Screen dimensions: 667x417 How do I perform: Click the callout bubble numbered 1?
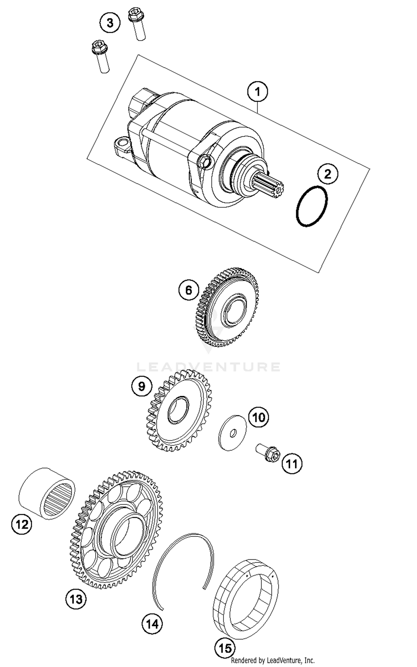(257, 91)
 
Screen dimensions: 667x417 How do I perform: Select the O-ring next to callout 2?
(312, 206)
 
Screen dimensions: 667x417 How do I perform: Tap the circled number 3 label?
(110, 23)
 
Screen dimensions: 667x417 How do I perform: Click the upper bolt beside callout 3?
(137, 24)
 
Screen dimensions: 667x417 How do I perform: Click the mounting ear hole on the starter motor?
(122, 144)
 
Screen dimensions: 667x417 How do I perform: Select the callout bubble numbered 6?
(189, 290)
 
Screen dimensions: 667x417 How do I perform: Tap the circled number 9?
(142, 386)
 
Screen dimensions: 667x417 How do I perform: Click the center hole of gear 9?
(178, 410)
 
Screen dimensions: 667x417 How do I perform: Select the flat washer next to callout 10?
(232, 433)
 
